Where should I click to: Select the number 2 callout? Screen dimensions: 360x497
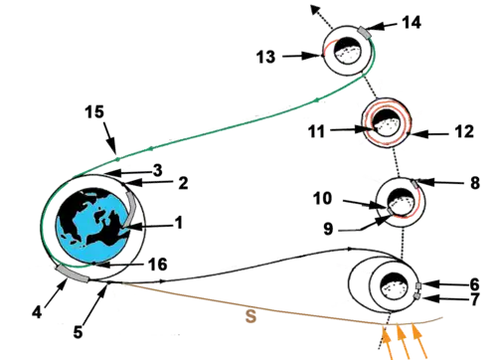(x=184, y=183)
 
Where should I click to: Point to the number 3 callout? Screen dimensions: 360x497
(x=158, y=170)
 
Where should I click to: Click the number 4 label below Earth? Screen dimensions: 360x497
(x=37, y=311)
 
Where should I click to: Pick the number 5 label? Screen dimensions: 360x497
(x=78, y=332)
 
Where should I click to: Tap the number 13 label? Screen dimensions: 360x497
(x=264, y=58)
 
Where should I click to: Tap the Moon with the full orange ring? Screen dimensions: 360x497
(x=382, y=123)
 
